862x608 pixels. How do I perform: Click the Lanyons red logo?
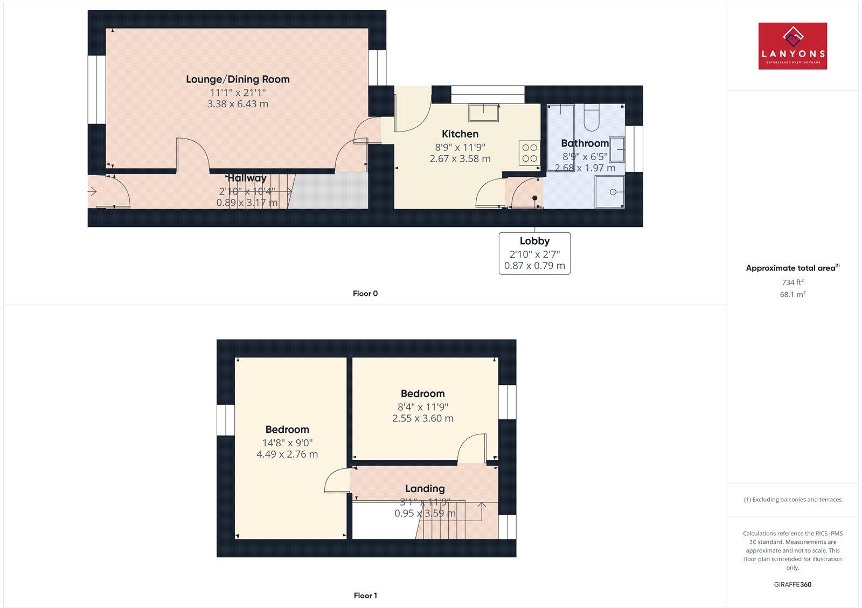click(x=793, y=46)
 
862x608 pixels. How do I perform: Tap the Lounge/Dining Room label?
click(x=238, y=79)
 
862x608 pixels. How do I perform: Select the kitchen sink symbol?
click(x=483, y=113)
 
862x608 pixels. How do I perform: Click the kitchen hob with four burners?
click(x=530, y=153)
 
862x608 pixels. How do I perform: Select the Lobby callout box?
click(x=534, y=253)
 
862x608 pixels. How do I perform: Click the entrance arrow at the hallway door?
click(x=92, y=191)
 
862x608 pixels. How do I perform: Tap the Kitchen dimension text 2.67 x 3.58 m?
click(x=460, y=159)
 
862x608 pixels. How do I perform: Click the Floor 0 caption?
click(x=365, y=294)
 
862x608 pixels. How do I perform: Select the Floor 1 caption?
click(x=365, y=596)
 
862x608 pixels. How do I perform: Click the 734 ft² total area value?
click(x=793, y=282)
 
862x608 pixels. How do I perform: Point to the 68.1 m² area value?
click(x=793, y=295)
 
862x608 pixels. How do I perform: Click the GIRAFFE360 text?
click(x=793, y=584)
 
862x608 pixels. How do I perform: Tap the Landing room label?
click(x=425, y=489)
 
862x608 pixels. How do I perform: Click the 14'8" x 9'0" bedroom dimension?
click(x=287, y=443)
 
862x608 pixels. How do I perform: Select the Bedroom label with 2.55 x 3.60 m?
click(x=422, y=394)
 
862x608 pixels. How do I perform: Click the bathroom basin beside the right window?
click(x=617, y=149)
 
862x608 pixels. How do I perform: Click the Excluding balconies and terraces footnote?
click(x=793, y=500)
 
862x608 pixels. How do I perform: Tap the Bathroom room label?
click(x=585, y=143)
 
